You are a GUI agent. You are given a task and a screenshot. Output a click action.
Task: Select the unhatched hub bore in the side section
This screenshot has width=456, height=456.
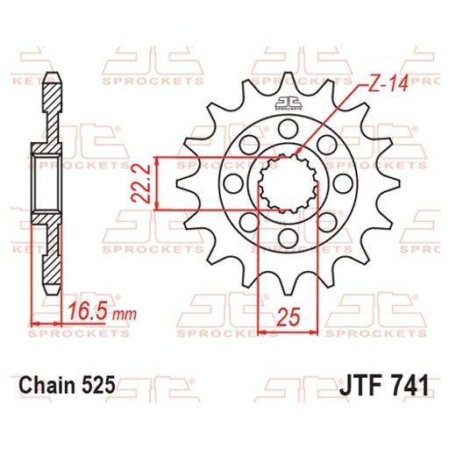pos(49,184)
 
